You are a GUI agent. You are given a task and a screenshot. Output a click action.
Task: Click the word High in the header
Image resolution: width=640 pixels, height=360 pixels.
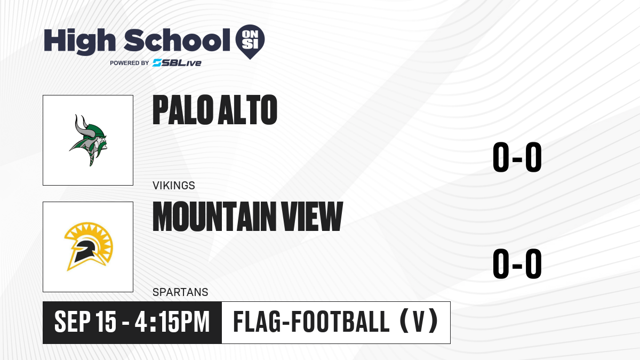tap(79, 41)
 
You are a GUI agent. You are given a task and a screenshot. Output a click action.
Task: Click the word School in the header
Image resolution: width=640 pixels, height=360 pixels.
tap(177, 40)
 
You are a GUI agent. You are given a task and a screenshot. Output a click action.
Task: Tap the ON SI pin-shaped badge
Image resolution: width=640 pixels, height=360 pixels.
tap(250, 42)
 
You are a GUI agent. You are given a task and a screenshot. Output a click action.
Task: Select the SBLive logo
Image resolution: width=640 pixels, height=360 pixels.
tap(177, 63)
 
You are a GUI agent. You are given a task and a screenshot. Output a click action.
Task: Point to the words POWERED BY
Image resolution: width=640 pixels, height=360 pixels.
tap(130, 63)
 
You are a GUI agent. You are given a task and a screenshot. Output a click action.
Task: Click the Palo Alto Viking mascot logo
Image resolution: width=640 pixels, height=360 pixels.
tap(89, 140)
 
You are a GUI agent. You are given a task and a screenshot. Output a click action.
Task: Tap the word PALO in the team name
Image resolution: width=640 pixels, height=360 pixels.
tap(183, 110)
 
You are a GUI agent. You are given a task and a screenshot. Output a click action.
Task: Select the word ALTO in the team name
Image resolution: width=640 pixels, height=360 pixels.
tap(247, 110)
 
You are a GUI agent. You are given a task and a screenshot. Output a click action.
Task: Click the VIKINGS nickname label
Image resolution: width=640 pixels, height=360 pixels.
tap(174, 186)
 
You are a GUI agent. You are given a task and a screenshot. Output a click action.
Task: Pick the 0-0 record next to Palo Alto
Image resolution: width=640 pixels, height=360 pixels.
tap(517, 157)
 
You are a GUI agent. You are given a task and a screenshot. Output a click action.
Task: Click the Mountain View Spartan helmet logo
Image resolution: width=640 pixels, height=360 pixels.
tap(89, 246)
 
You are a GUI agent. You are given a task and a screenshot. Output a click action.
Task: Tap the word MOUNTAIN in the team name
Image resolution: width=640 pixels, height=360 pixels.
tap(214, 217)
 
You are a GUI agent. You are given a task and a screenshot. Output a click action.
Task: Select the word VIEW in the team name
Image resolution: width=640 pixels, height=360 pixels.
tap(311, 217)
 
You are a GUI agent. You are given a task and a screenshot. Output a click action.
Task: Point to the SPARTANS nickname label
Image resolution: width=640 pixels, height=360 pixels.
tap(180, 292)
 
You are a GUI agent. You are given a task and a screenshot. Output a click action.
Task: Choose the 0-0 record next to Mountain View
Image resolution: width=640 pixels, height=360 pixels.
tap(517, 263)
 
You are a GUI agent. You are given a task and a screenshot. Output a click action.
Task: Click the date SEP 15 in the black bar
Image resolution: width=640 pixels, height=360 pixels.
tap(85, 322)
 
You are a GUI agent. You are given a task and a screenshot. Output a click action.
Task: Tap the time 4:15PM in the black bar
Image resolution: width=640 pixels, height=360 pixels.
tap(172, 322)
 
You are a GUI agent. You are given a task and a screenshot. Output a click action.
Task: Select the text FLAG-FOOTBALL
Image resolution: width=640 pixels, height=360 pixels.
tap(311, 322)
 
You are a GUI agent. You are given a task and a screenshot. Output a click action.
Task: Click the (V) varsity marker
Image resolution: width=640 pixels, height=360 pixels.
tap(419, 322)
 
